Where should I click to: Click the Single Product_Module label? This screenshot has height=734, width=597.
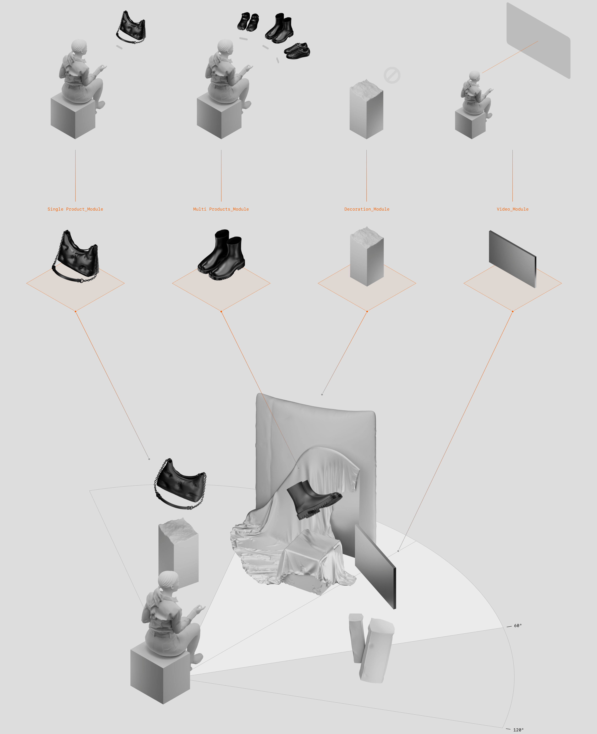(x=75, y=209)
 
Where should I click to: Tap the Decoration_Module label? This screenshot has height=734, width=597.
(x=367, y=209)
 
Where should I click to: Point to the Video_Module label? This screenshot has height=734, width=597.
(x=512, y=209)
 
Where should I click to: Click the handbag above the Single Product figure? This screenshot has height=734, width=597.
(x=131, y=28)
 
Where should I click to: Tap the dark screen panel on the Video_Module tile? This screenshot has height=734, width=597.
(x=512, y=259)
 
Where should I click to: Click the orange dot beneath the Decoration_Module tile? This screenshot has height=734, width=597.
(x=367, y=311)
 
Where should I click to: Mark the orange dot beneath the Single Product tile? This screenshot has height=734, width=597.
(x=75, y=311)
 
